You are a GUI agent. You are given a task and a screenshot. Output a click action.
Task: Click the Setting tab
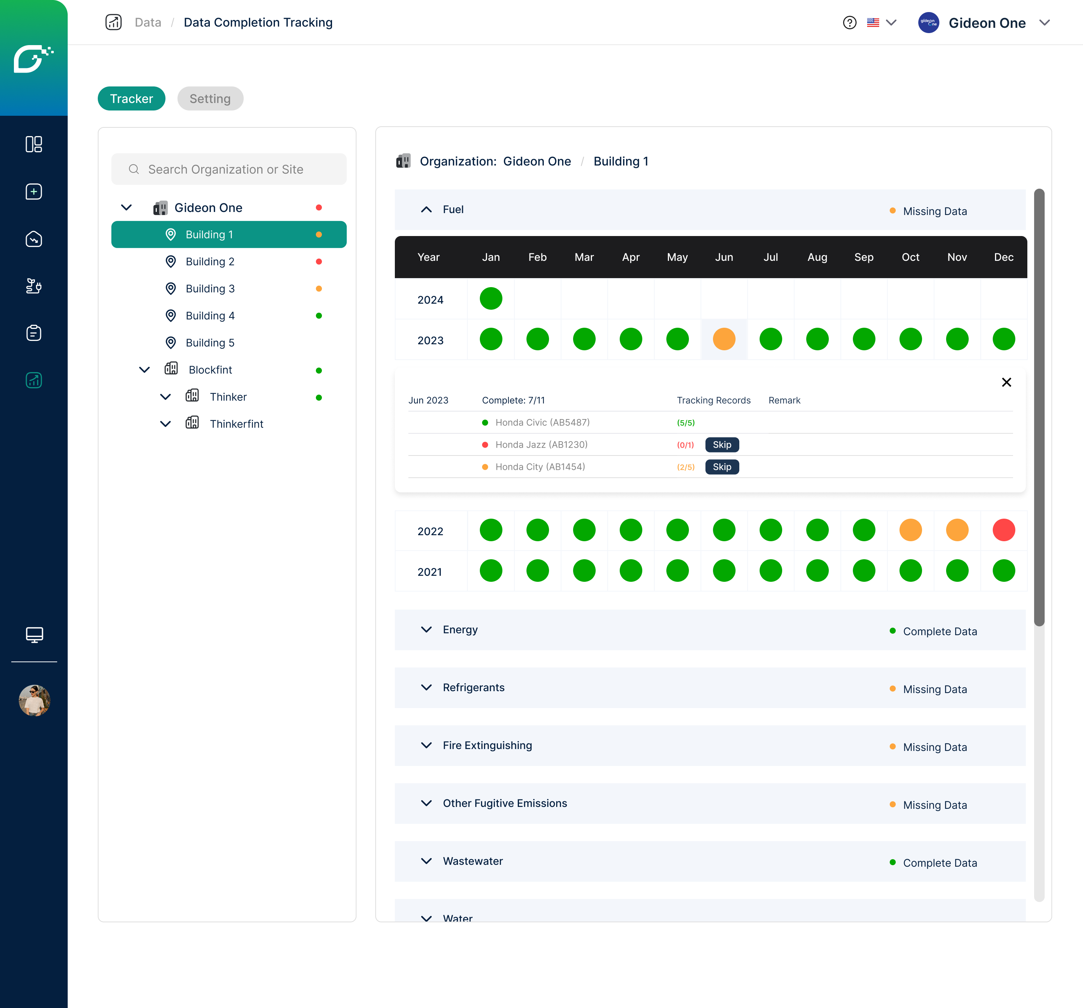210,98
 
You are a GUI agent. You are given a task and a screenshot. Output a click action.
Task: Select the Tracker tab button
131,98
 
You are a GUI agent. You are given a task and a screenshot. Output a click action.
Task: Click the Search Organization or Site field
229,170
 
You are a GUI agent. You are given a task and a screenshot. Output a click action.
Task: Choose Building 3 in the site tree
210,289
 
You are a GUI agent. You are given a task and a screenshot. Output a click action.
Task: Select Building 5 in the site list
210,342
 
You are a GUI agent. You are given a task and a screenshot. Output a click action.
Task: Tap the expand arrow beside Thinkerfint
165,424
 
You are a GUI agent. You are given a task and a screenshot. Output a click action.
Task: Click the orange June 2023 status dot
724,339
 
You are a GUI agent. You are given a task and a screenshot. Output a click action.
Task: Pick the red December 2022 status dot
1003,530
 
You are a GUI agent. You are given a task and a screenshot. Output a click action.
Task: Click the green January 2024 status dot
491,298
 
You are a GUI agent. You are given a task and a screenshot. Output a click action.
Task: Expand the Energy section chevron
426,630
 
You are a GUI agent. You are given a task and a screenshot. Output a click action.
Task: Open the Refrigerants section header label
473,687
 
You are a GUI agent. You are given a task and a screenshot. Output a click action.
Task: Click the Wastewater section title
472,861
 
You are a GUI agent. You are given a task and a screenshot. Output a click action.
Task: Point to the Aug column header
817,257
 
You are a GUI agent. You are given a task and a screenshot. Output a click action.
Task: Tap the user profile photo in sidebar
34,700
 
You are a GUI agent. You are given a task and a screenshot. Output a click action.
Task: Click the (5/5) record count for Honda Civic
685,422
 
